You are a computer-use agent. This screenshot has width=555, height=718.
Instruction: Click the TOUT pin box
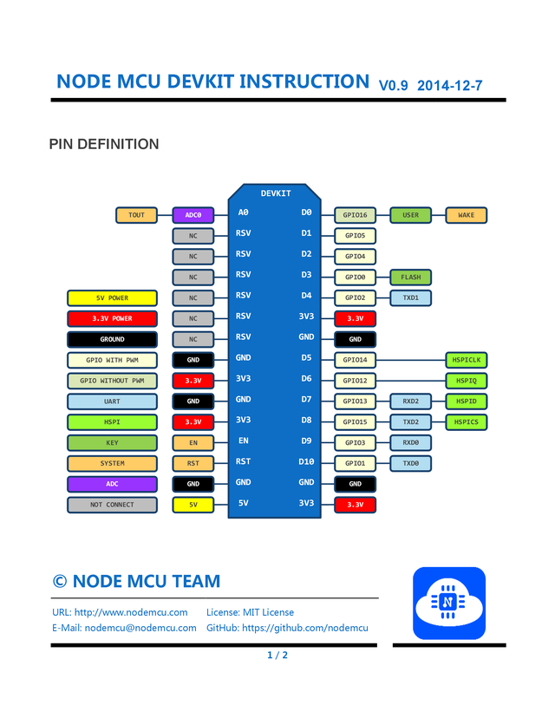point(136,215)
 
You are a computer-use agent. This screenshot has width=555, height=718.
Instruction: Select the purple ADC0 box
point(193,215)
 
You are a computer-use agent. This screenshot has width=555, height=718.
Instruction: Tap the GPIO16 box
point(355,215)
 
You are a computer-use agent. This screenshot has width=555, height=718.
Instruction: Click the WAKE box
point(466,215)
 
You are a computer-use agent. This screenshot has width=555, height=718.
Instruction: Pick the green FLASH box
point(410,277)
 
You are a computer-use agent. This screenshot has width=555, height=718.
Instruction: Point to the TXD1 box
point(410,298)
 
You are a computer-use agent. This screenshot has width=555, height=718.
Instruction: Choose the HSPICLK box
point(466,360)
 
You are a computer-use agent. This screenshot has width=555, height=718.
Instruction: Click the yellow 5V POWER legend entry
point(112,298)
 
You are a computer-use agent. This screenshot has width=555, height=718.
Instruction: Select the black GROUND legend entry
point(112,340)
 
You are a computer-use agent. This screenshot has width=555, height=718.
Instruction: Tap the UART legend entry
point(112,401)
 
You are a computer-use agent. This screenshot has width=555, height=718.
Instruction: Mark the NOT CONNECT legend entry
point(112,505)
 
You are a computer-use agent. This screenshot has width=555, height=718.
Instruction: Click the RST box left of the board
point(193,464)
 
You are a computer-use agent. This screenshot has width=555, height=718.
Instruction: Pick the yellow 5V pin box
point(193,505)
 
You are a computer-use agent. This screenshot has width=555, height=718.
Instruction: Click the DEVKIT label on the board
point(276,193)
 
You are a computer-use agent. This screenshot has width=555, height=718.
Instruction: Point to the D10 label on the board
point(305,462)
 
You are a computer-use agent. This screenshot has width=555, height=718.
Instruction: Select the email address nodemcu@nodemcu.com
point(140,628)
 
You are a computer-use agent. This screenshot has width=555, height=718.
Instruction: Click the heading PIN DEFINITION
point(104,144)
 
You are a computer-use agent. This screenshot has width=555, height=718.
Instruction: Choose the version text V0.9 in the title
point(393,85)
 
